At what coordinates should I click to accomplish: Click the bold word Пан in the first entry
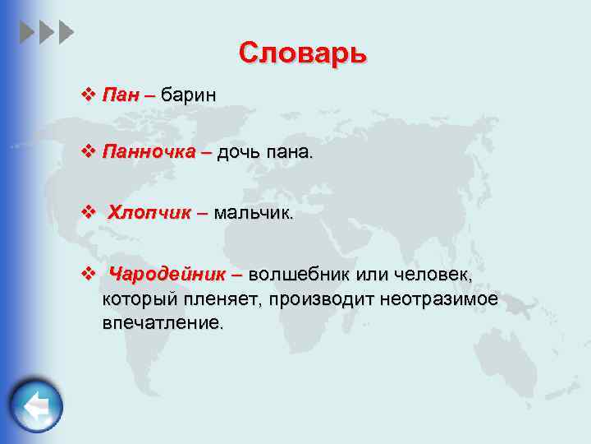120,95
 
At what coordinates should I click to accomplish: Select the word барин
189,95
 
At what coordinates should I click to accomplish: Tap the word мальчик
253,214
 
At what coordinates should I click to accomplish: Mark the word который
136,298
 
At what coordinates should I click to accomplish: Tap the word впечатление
162,322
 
